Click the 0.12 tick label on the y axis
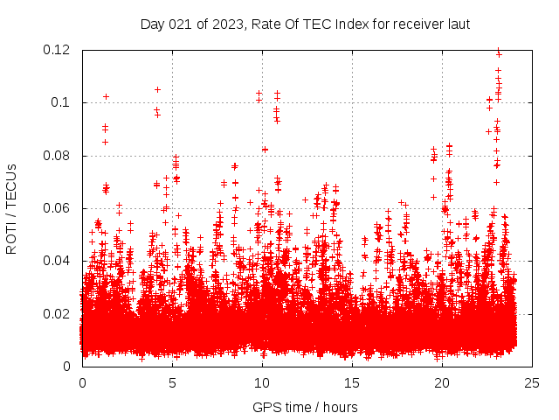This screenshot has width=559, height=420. (59, 50)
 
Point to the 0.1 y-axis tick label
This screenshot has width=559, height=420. (62, 102)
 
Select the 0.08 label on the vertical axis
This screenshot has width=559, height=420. (59, 156)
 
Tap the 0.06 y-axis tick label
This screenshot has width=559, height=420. (59, 208)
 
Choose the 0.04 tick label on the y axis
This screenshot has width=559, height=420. (59, 261)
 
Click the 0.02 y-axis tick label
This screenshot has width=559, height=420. (59, 313)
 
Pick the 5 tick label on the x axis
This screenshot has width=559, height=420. (172, 382)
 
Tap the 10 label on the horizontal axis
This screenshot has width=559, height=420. (262, 382)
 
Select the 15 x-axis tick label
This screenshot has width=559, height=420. (352, 382)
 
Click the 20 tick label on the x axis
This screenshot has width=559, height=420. (442, 382)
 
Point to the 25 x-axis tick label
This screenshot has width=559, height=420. (532, 382)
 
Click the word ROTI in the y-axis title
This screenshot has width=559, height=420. (11, 238)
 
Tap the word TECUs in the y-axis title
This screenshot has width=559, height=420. (11, 185)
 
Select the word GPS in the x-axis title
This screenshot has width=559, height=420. (266, 407)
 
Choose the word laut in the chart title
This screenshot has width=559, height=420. (459, 24)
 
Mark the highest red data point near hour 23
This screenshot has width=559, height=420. (499, 51)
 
